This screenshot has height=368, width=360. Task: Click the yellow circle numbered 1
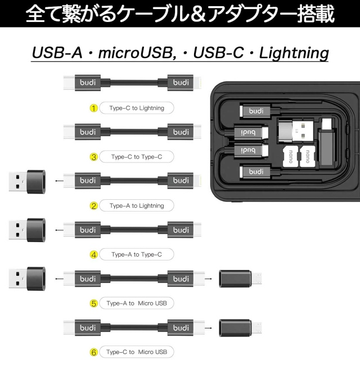point(94,107)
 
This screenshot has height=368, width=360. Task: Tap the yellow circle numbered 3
point(94,156)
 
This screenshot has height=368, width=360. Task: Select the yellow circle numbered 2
point(94,205)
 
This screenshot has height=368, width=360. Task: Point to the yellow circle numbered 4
point(94,254)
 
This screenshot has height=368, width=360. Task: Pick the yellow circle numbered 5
point(94,303)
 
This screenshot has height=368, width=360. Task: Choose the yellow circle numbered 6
point(94,352)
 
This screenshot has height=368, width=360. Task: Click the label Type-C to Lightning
point(137,107)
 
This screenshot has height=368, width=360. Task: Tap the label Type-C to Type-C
point(137,156)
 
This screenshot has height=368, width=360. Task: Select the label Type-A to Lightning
point(137,205)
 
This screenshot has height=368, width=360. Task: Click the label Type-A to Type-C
point(137,254)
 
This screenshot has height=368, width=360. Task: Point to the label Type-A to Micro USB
point(137,303)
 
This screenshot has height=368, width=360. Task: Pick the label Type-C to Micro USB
point(137,352)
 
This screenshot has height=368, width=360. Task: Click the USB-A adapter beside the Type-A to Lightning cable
point(28,181)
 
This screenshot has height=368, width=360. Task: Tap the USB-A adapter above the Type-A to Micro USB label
point(28,278)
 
